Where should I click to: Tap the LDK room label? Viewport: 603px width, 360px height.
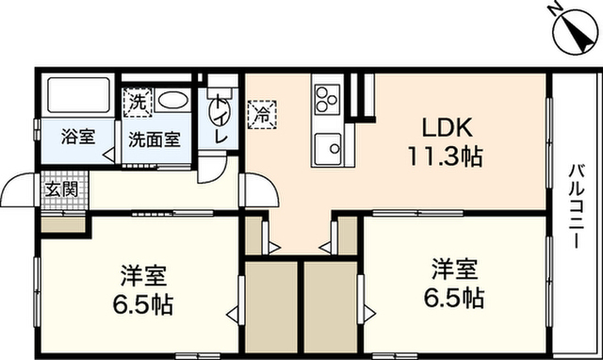447,127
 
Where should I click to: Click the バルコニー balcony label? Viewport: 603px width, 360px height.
577,205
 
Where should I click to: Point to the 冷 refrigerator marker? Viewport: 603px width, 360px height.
263,114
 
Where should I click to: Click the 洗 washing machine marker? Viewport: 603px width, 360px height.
138,103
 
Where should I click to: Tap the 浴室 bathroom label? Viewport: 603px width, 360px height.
78,137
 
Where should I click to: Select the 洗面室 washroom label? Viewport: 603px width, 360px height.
155,139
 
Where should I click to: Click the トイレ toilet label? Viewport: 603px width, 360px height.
220,119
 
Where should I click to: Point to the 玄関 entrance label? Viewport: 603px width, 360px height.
61,189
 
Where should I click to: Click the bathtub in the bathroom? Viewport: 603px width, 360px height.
79,95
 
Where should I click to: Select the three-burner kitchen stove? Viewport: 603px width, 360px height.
327,99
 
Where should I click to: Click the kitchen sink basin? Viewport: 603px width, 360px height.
328,148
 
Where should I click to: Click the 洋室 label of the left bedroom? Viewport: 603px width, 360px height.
143,275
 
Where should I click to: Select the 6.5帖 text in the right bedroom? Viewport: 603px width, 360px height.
454,297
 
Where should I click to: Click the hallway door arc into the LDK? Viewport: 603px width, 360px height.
262,189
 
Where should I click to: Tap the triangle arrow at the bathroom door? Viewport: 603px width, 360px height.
108,155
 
